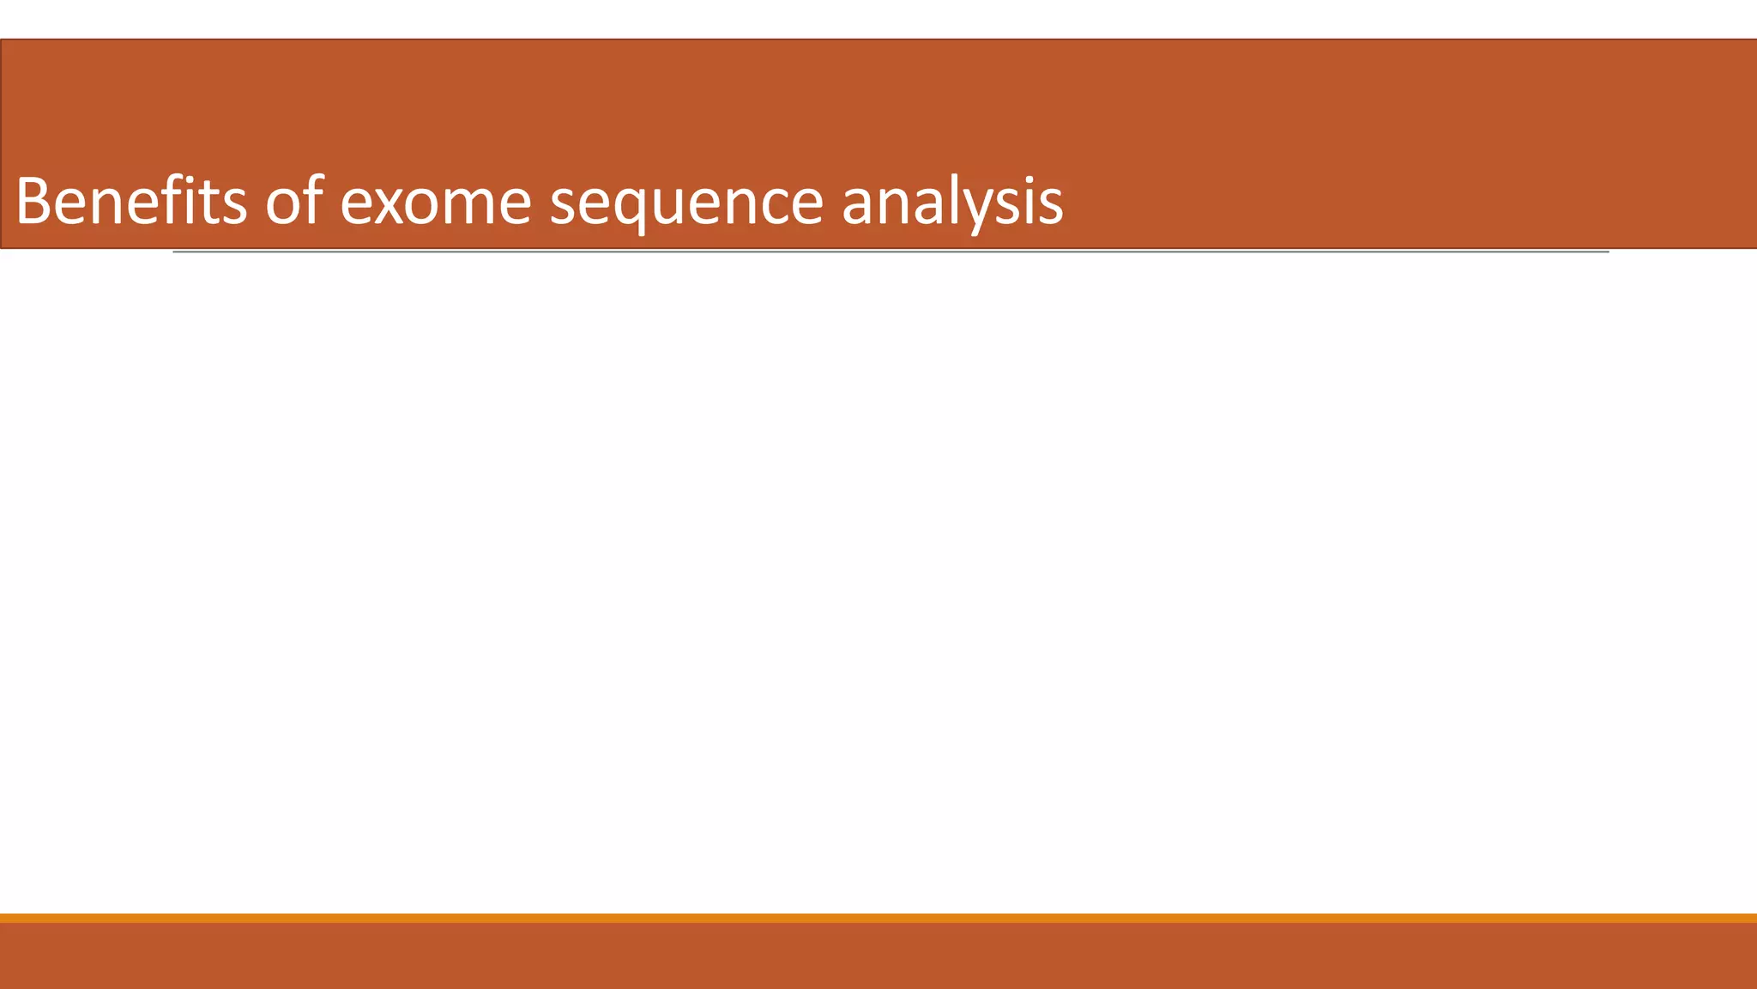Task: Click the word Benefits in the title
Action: coord(130,203)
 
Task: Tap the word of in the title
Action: coord(294,203)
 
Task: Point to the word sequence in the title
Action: coord(686,206)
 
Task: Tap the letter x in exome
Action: coord(391,207)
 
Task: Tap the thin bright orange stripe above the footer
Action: coord(878,918)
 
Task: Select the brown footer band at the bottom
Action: coord(878,956)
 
